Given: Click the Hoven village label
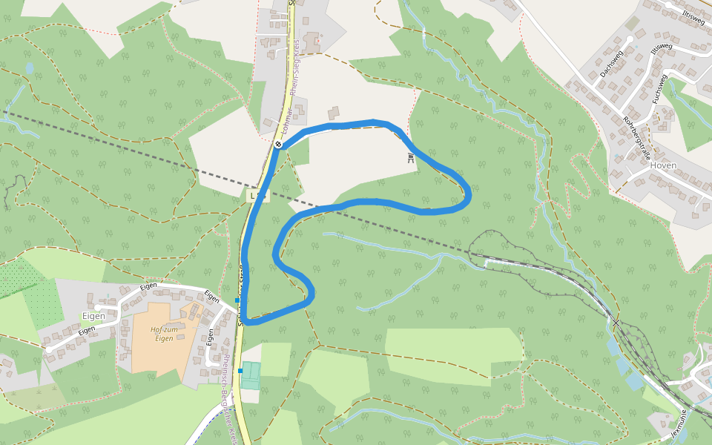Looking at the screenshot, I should pyautogui.click(x=662, y=165).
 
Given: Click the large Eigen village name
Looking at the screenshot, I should pyautogui.click(x=93, y=316).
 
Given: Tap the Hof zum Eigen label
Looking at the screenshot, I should pyautogui.click(x=165, y=334).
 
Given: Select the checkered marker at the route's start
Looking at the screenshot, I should pyautogui.click(x=277, y=144).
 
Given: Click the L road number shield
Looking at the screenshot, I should pyautogui.click(x=257, y=196).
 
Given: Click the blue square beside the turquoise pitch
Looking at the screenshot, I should pyautogui.click(x=240, y=370).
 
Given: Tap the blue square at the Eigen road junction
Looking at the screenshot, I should pyautogui.click(x=237, y=300).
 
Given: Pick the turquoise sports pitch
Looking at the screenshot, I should pyautogui.click(x=251, y=375).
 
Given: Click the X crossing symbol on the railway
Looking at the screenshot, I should pyautogui.click(x=615, y=323).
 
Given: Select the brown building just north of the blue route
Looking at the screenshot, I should pyautogui.click(x=334, y=113).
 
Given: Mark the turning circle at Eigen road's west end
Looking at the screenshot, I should pyautogui.click(x=48, y=349).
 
